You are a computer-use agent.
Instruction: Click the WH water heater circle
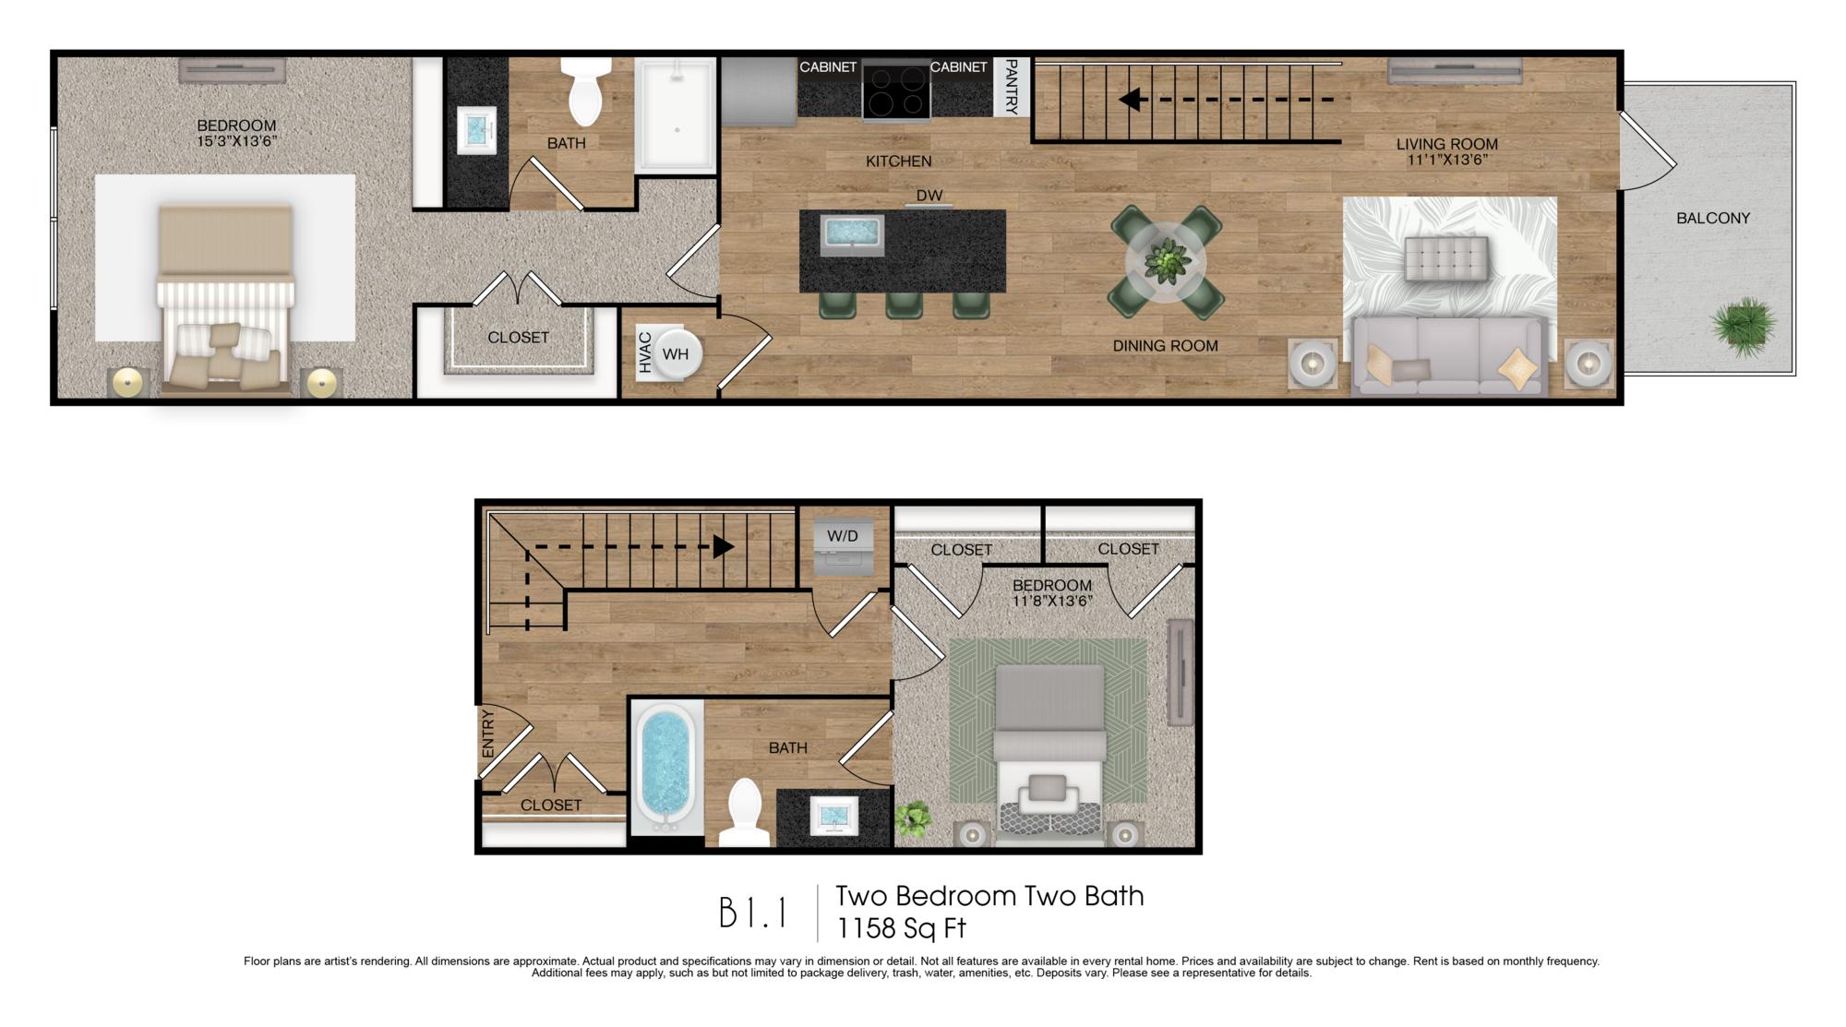[677, 353]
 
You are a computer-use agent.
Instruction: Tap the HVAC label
[645, 352]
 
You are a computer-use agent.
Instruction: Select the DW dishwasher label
[929, 196]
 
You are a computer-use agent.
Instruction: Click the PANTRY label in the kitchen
[1012, 87]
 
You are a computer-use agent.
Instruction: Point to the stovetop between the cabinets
[896, 90]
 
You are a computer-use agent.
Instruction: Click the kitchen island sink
[852, 234]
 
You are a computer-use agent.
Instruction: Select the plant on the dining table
[1167, 260]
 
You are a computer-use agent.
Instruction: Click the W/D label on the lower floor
[842, 536]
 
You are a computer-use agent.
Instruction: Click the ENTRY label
[488, 734]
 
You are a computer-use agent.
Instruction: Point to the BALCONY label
[1713, 218]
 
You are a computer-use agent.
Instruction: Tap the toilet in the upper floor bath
[587, 91]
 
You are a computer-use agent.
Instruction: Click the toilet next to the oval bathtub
[744, 813]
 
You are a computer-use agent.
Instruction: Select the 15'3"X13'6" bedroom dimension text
[237, 141]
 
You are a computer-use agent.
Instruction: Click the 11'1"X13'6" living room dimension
[1446, 160]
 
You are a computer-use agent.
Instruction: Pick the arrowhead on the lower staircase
[724, 547]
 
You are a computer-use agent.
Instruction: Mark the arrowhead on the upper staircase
[1129, 99]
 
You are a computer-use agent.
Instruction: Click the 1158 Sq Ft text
[901, 926]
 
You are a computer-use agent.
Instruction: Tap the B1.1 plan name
[753, 914]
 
